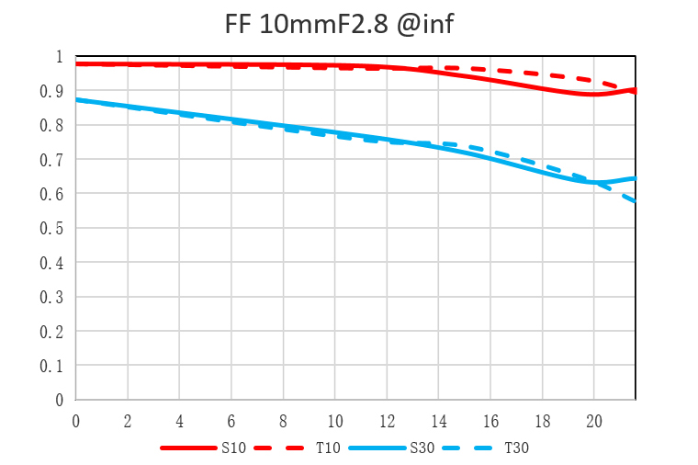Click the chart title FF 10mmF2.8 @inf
[339, 25]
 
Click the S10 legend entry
[231, 448]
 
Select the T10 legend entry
[329, 448]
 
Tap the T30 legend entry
[516, 448]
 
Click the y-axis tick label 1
[60, 57]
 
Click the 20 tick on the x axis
[594, 420]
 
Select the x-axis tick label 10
[335, 420]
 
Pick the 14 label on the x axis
[439, 420]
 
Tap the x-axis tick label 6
[231, 420]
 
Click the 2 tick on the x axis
[128, 420]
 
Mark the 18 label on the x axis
[543, 420]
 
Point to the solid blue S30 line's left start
[76, 99]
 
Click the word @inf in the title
[422, 25]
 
